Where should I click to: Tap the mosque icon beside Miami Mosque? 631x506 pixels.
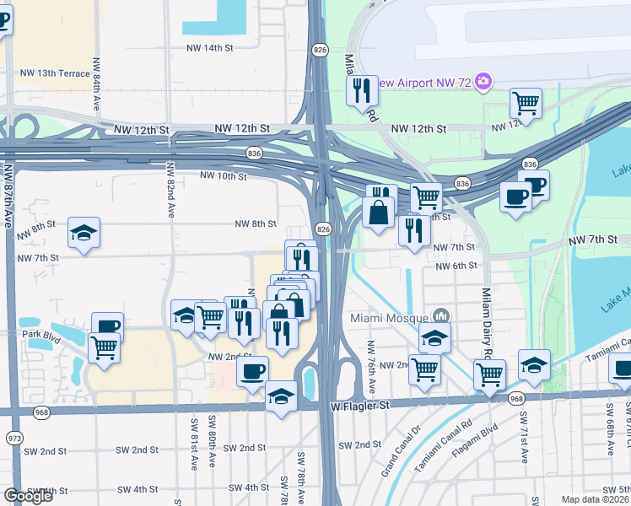point(440,317)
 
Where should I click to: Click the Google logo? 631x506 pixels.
point(28,496)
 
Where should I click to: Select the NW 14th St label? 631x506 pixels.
point(211,47)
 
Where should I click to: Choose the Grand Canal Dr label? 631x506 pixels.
point(400,456)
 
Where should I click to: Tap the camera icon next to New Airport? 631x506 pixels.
point(483,82)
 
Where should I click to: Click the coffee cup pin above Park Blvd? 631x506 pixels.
point(107,326)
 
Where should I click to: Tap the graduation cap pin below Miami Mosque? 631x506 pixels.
point(434,337)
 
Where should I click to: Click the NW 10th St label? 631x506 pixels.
point(224,176)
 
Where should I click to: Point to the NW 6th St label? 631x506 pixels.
point(456,266)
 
